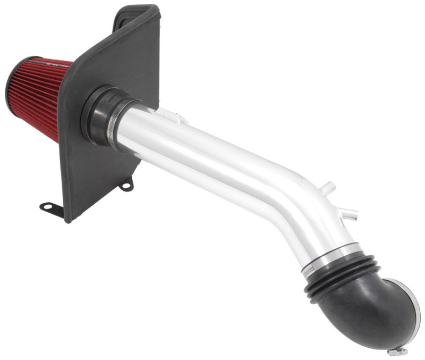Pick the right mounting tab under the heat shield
(x=126, y=185)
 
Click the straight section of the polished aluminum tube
(x=202, y=154)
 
